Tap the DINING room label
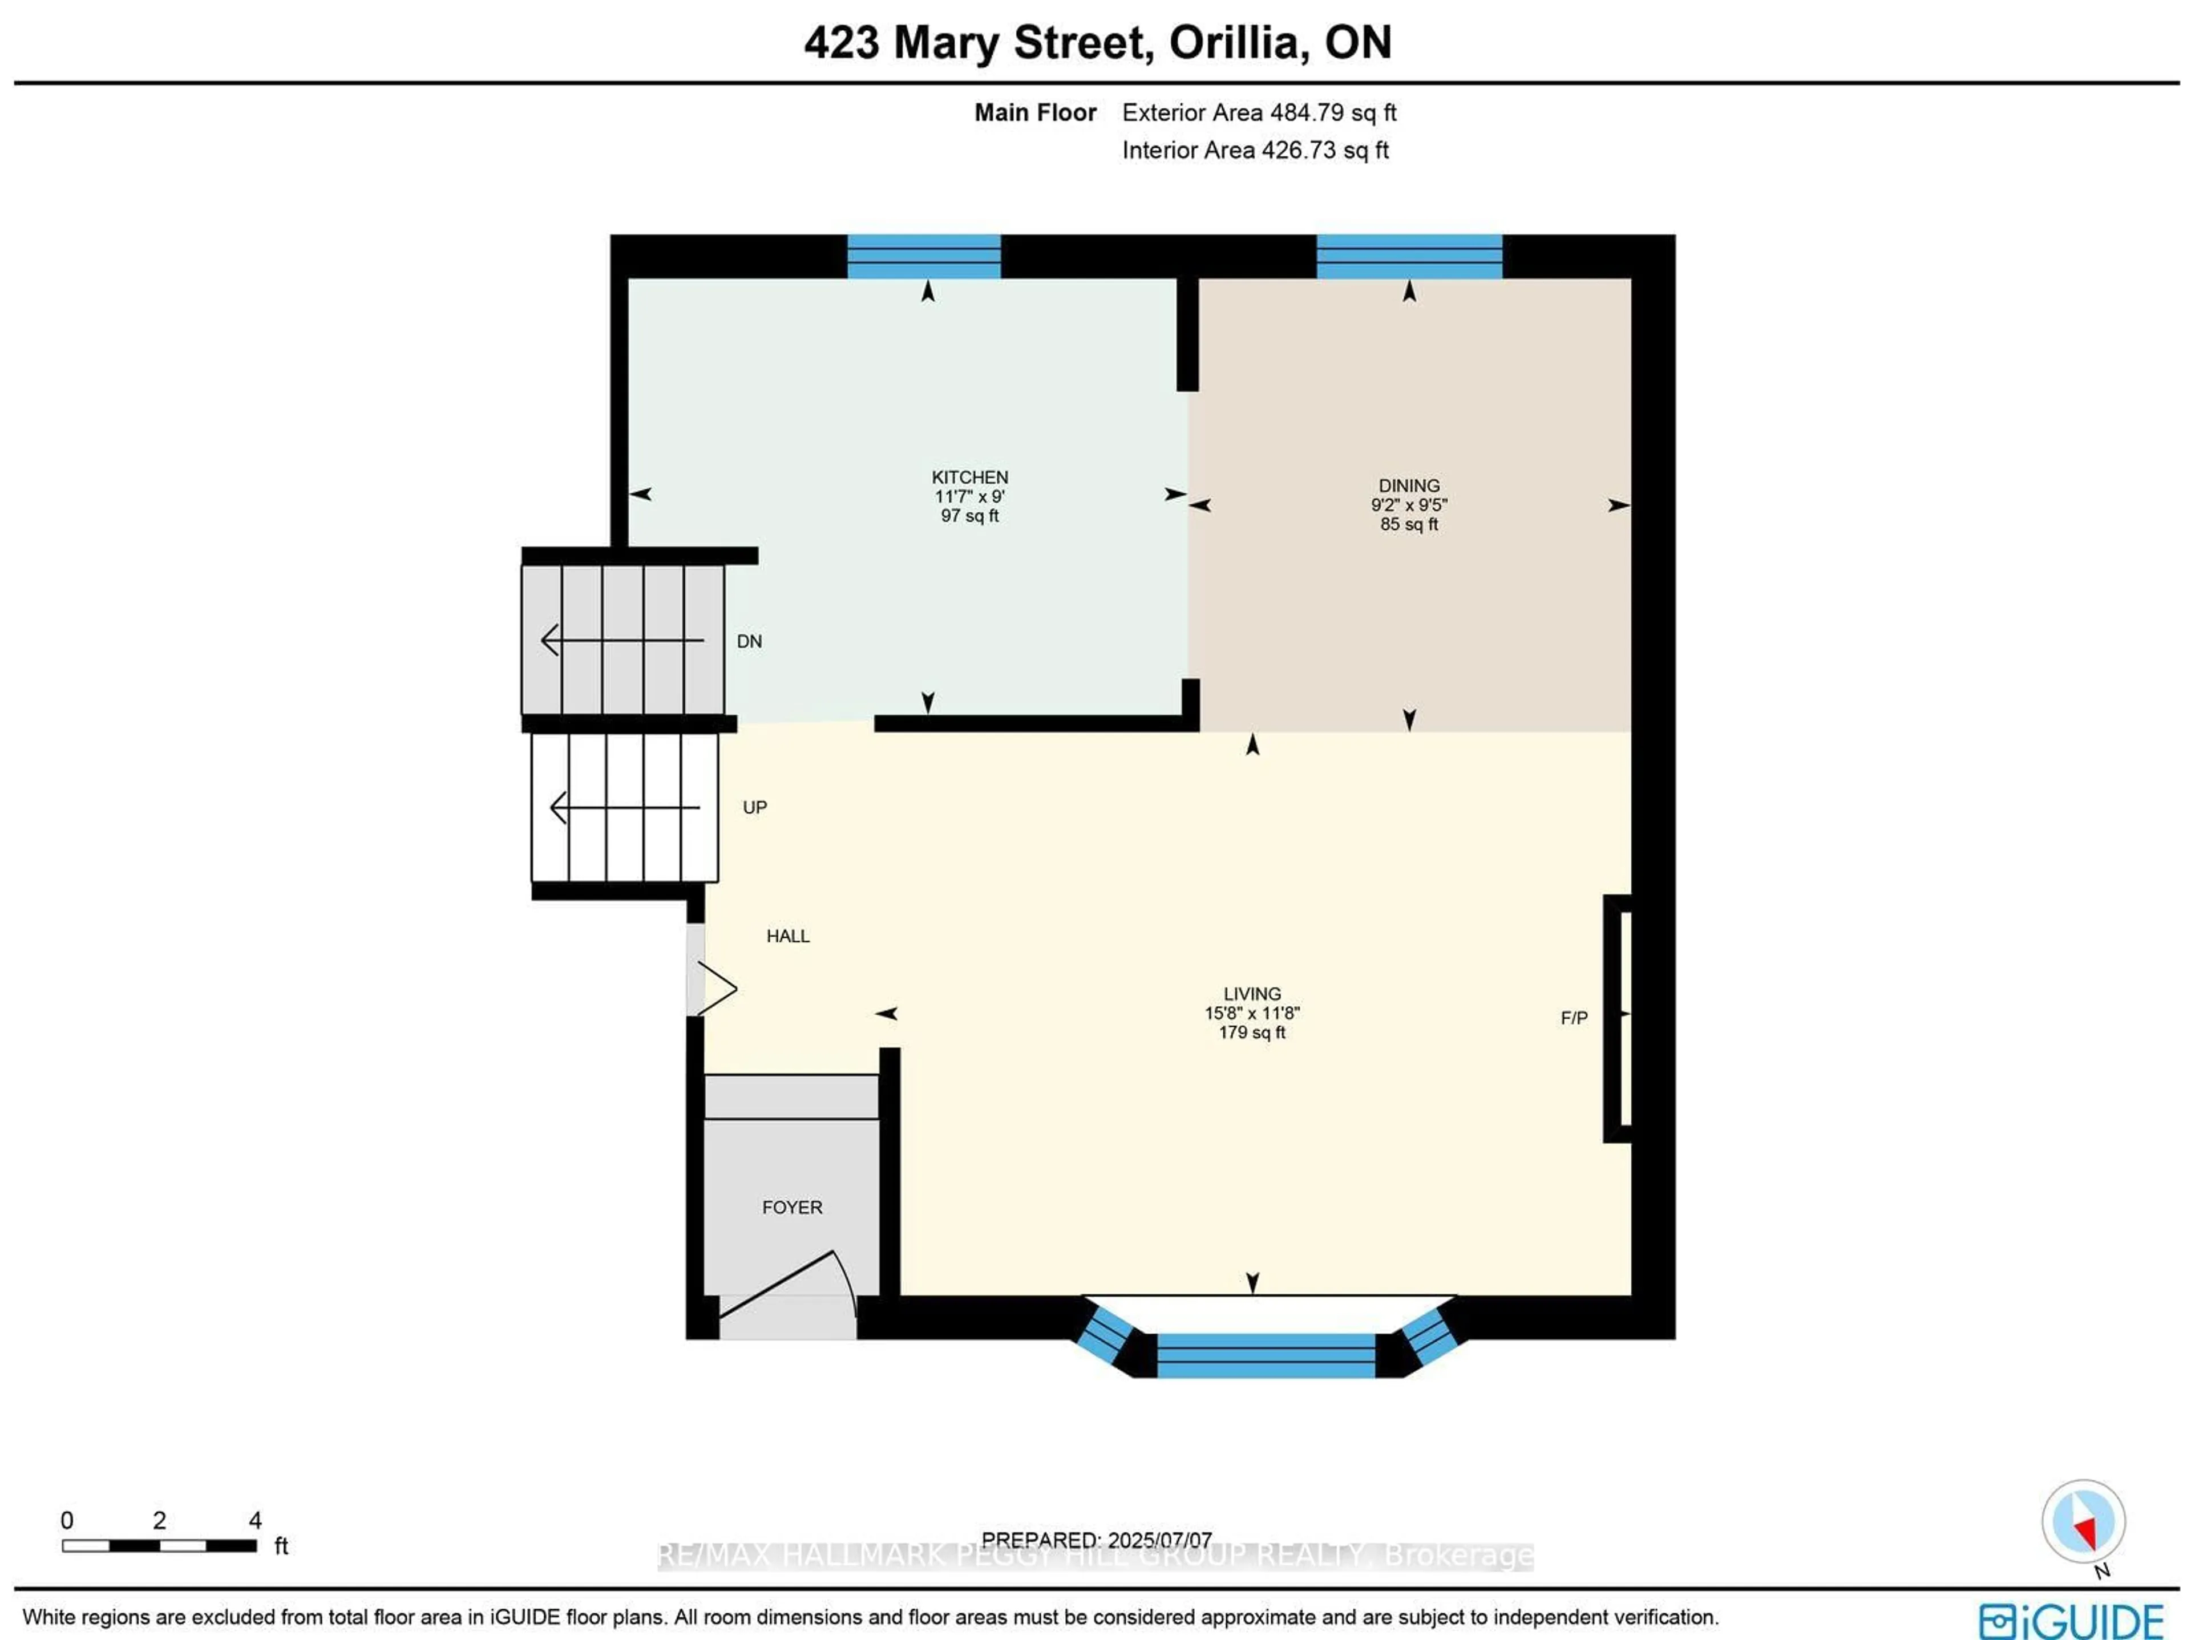coord(1409,486)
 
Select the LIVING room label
coord(1252,993)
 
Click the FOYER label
coord(791,1207)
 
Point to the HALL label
coord(787,936)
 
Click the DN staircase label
coord(749,642)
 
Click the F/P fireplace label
coord(1574,1018)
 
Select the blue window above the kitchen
coord(923,257)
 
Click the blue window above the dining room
coord(1409,257)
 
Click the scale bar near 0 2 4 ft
coord(159,1545)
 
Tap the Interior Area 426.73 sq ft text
coord(1254,151)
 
